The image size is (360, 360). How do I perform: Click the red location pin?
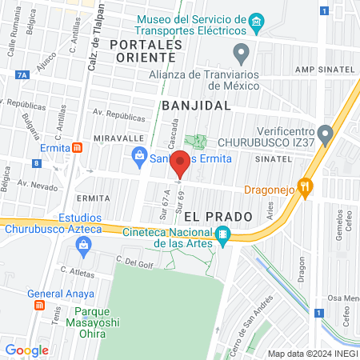pos(181,163)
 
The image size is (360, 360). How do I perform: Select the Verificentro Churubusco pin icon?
pos(323,133)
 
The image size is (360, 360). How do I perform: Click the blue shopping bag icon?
pos(139,154)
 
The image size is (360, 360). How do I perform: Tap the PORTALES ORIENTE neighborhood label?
pos(142,50)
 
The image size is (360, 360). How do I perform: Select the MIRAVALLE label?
pos(117,138)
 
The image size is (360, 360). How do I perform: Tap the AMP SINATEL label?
pos(323,70)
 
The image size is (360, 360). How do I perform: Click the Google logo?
pos(26,350)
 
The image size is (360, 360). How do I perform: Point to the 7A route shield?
pos(21,74)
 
